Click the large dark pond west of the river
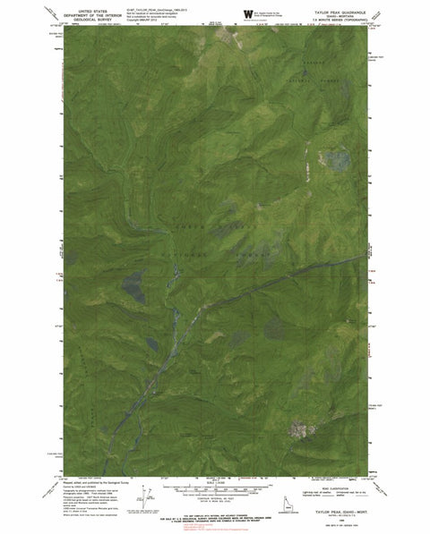(132, 287)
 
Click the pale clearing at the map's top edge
(222, 38)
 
